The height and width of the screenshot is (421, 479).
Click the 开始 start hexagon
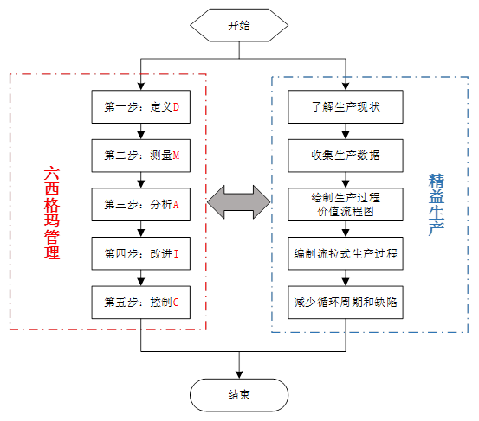point(239,26)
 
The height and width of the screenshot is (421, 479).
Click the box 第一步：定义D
point(141,107)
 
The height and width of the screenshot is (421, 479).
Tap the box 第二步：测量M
point(141,156)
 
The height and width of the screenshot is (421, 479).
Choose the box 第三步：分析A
point(141,205)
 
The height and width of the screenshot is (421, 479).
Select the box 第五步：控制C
point(141,303)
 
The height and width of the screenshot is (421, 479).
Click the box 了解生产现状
point(346,107)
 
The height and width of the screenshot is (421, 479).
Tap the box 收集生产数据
point(346,156)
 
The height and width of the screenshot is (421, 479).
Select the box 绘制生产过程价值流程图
point(346,205)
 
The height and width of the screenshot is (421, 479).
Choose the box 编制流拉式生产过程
point(346,254)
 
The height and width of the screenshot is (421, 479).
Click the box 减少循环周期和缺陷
point(346,303)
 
